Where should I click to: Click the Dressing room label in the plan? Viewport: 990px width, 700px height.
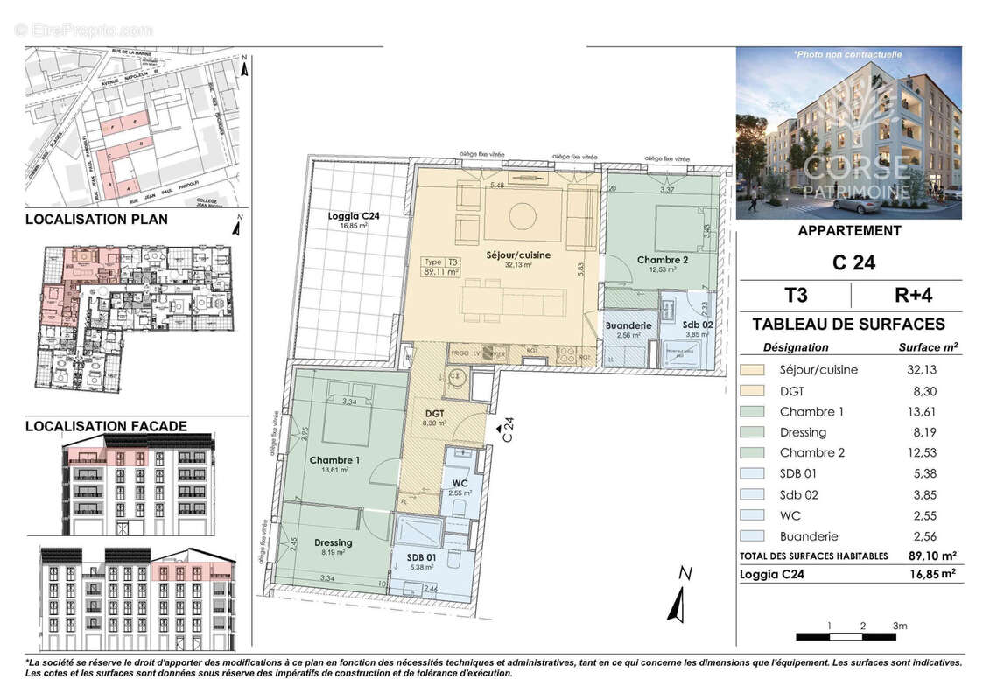pos(333,542)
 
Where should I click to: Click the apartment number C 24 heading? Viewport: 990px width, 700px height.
pos(848,262)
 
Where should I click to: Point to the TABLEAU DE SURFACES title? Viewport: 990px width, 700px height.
pos(848,325)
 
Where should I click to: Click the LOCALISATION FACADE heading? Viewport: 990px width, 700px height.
pos(106,426)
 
